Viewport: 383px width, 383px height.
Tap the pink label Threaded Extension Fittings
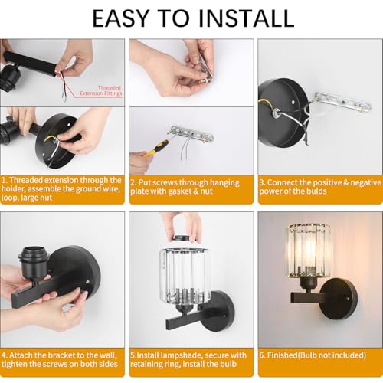[101, 90]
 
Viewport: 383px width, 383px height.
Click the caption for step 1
[61, 189]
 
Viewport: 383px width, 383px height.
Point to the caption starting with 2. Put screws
[185, 187]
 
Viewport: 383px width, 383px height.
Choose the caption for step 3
[320, 187]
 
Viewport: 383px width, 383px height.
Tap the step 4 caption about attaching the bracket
[59, 359]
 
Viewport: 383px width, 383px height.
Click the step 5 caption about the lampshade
[188, 359]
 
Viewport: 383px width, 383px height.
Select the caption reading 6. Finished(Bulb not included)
[313, 355]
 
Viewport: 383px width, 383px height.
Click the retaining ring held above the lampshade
[184, 238]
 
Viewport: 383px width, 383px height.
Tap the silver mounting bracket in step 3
[341, 103]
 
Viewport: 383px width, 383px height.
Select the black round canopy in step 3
[284, 113]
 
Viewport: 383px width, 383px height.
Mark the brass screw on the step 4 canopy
[87, 282]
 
